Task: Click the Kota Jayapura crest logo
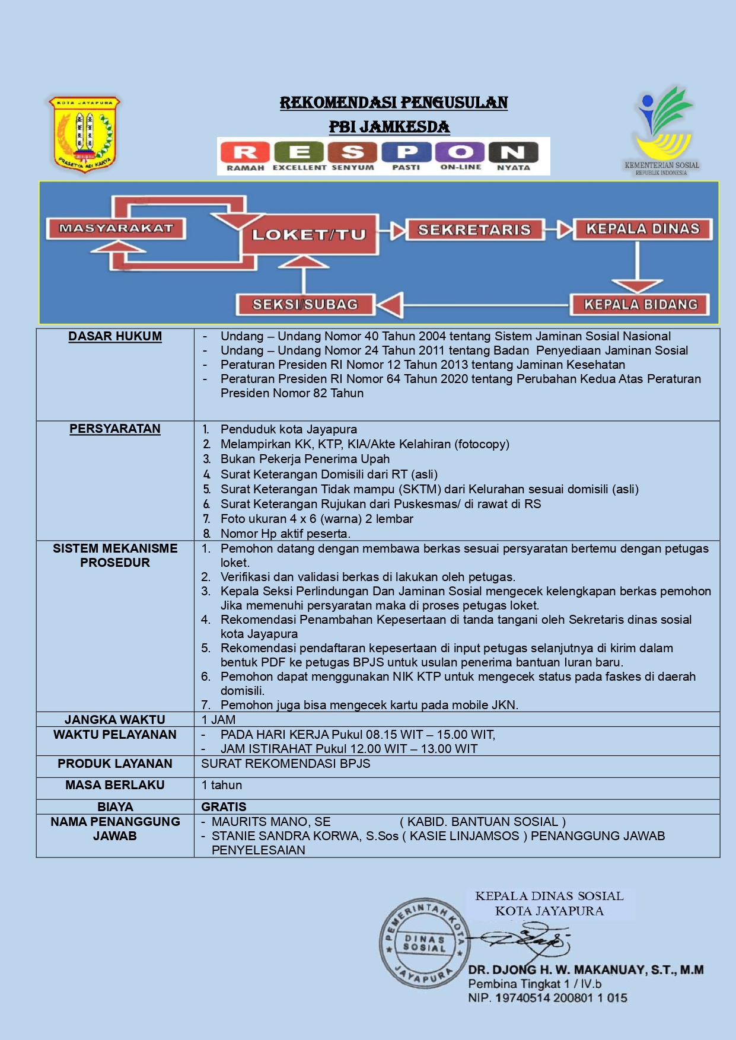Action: pos(84,134)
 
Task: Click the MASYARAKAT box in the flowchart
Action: pos(116,228)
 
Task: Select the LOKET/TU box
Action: pos(309,235)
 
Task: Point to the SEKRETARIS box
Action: pos(474,230)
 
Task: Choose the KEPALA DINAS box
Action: pos(642,229)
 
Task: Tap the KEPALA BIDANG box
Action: pos(640,305)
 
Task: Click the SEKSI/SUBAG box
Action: pos(305,305)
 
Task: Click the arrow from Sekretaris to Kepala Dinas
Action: pos(559,229)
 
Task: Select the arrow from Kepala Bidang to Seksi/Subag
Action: pos(474,305)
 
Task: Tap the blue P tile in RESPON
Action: pos(407,152)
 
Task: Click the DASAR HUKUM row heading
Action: pos(115,336)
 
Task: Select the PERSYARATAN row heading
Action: pos(115,429)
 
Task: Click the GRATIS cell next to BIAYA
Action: pos(224,806)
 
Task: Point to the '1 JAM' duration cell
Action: pos(218,720)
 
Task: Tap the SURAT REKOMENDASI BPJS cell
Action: pos(285,764)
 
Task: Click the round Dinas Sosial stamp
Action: pos(423,943)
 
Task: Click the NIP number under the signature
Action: pos(547,998)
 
